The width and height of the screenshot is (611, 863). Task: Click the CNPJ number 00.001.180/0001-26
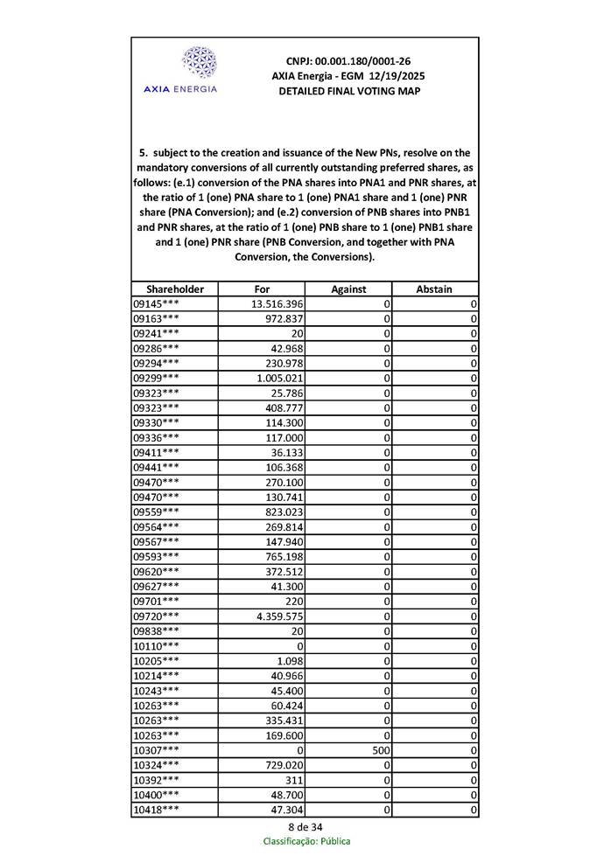click(348, 61)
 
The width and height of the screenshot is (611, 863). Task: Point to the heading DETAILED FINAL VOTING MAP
click(348, 91)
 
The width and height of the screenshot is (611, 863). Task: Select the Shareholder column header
click(175, 289)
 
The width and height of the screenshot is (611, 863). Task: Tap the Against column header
click(348, 289)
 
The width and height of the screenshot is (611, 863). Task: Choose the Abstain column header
click(435, 289)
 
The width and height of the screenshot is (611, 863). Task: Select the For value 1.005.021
click(280, 378)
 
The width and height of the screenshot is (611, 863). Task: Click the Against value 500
click(380, 750)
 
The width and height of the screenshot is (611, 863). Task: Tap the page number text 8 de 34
click(305, 826)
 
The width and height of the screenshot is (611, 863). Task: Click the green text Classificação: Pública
click(306, 841)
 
